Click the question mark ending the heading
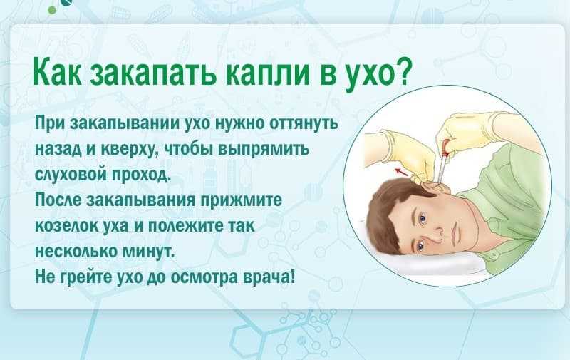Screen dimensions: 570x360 [403, 71]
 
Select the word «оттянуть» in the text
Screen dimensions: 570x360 [304, 123]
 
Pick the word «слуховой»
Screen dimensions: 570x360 [70, 174]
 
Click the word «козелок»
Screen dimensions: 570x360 [64, 226]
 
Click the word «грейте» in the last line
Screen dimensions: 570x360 [85, 277]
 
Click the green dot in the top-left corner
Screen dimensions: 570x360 [52, 10]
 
